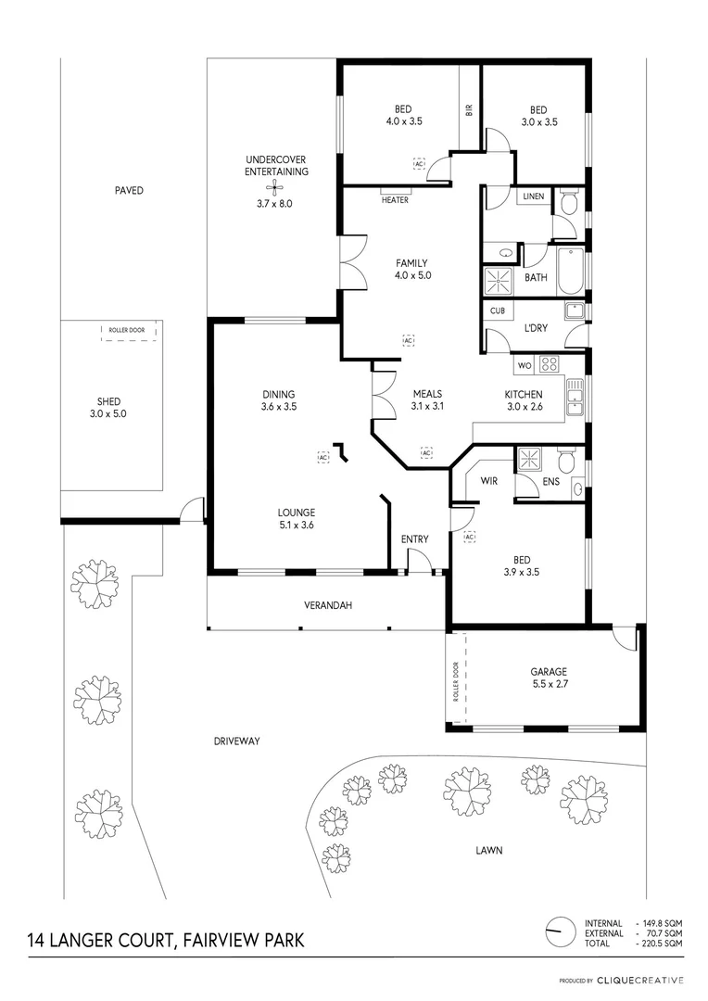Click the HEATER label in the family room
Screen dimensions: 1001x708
tap(394, 199)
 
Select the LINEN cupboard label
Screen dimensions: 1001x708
tap(533, 196)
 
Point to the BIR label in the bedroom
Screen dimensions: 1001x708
tap(469, 109)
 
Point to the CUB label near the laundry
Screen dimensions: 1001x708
tap(498, 311)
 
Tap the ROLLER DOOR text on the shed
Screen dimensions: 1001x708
tap(126, 329)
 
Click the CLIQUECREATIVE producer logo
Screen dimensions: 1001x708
tap(640, 980)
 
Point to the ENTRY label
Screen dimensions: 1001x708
tap(414, 539)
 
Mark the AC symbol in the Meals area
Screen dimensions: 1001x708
tap(426, 452)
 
